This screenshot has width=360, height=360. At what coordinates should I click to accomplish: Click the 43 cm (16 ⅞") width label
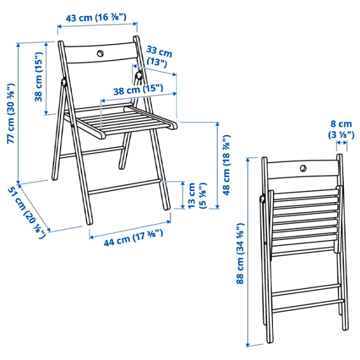pos(96,17)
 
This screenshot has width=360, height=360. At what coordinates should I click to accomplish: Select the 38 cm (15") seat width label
pos(138,89)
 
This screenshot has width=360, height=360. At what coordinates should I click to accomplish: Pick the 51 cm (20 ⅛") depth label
pos(27,212)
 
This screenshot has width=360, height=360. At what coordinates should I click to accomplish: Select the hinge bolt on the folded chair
pos(263,199)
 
